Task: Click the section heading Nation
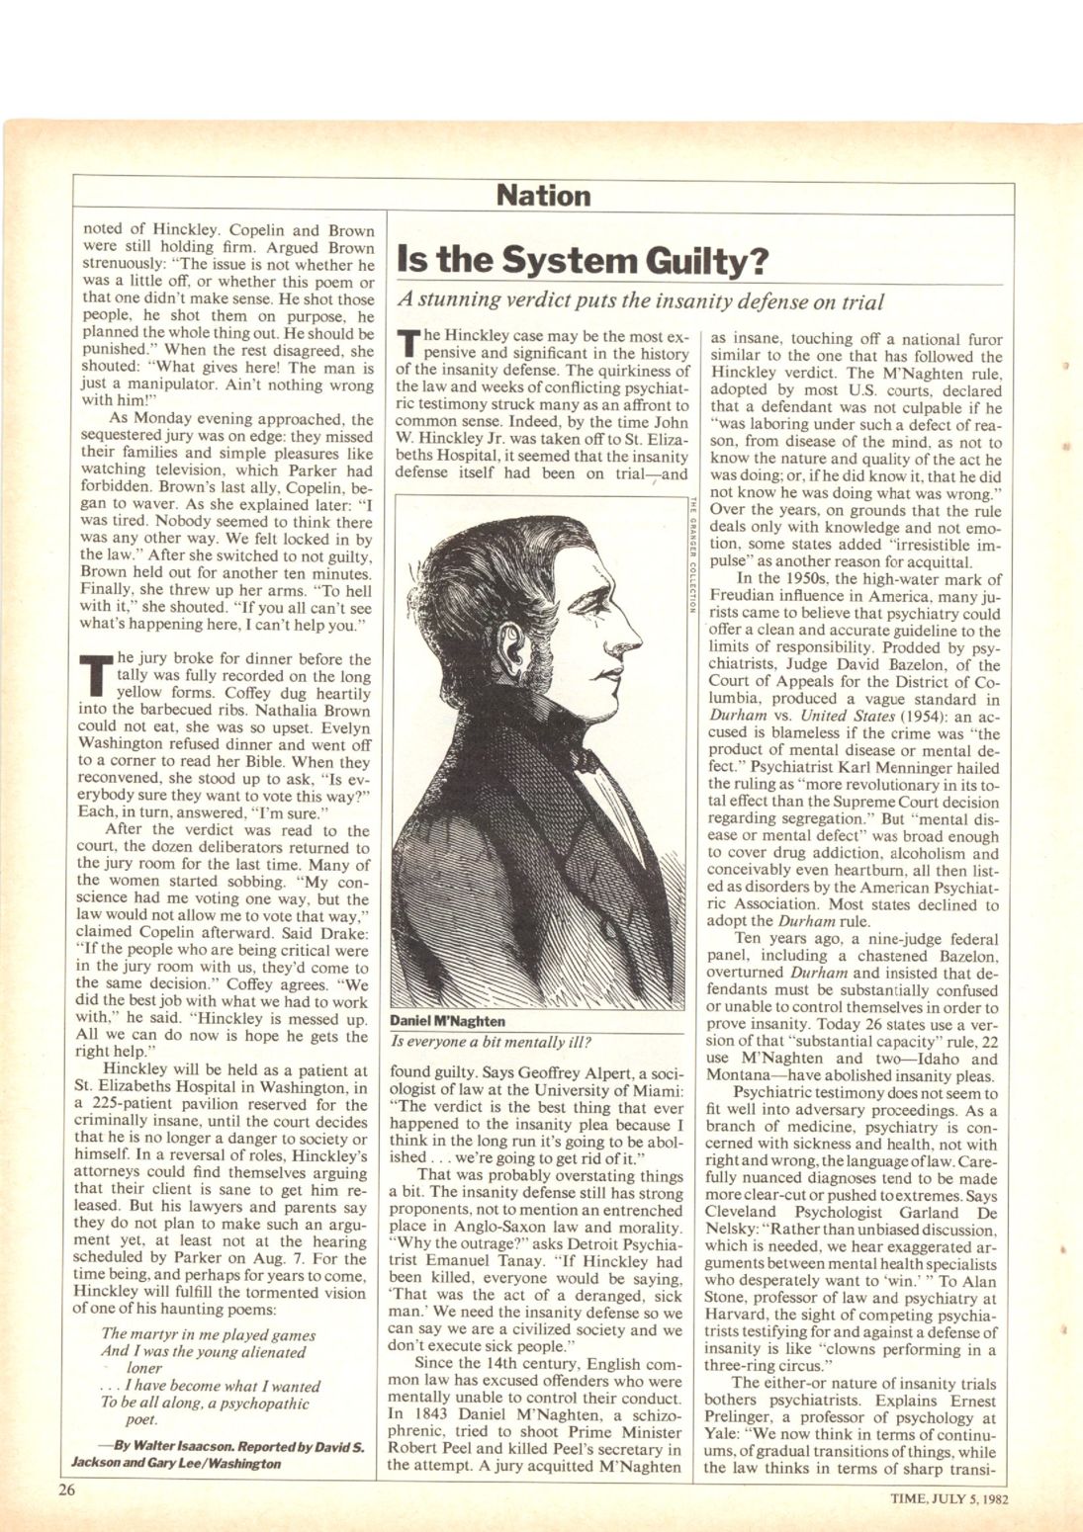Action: pos(543,196)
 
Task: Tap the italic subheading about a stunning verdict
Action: pos(640,300)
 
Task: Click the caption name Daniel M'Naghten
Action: pos(447,1021)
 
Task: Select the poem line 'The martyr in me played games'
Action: pos(195,1334)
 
